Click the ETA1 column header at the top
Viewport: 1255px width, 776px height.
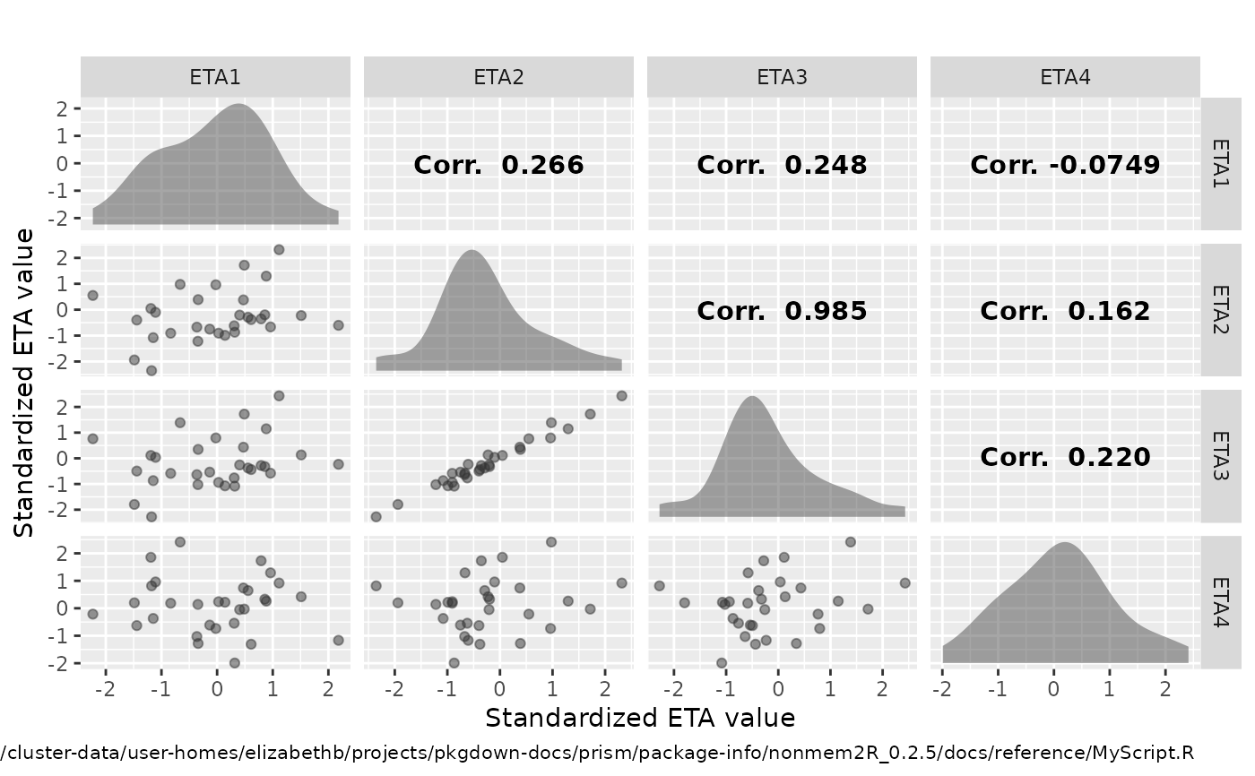pos(215,77)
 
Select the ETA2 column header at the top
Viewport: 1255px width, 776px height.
pos(498,77)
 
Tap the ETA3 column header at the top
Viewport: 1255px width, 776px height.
pos(782,77)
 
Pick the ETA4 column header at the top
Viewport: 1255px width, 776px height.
pos(1065,77)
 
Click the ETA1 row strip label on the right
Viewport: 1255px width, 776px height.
pos(1220,164)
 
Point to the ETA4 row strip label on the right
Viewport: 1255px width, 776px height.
pos(1220,602)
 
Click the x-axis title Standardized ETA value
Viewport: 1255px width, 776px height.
pos(640,718)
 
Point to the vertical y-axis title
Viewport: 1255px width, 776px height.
pos(24,383)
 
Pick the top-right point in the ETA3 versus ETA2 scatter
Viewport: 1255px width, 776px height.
pos(621,395)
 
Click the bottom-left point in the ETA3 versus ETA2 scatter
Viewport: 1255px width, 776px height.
pos(376,516)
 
